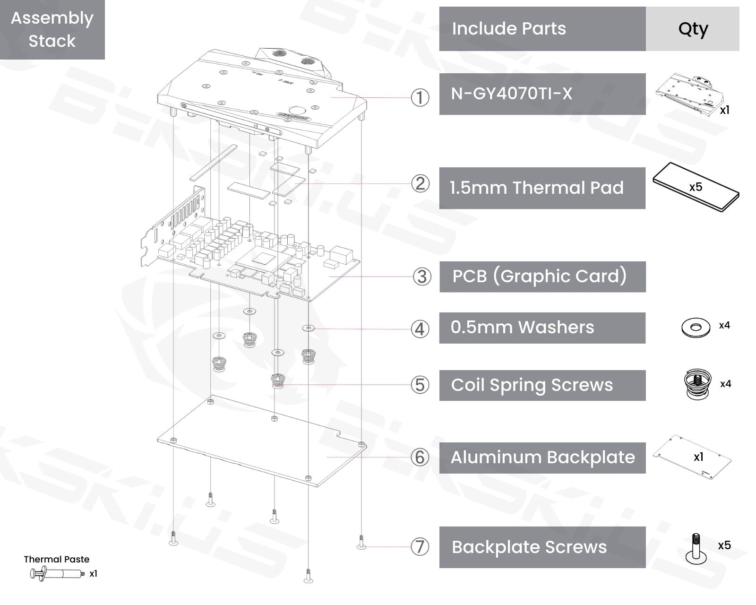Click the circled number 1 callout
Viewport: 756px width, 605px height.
pyautogui.click(x=420, y=98)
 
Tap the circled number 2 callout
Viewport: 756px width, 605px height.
pyautogui.click(x=420, y=183)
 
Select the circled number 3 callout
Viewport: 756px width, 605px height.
pyautogui.click(x=422, y=277)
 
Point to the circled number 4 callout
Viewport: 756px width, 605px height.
pyautogui.click(x=420, y=329)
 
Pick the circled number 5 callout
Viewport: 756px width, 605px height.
pyautogui.click(x=420, y=385)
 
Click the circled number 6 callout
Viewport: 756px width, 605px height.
pyautogui.click(x=420, y=457)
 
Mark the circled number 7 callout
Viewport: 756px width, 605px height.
pyautogui.click(x=420, y=547)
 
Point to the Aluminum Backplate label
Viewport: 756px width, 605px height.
pyautogui.click(x=542, y=458)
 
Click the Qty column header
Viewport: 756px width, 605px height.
pyautogui.click(x=693, y=29)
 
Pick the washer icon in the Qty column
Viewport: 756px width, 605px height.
pyautogui.click(x=696, y=327)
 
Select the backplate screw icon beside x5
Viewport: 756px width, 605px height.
pyautogui.click(x=696, y=549)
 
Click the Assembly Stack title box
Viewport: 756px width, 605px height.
pyautogui.click(x=52, y=29)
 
